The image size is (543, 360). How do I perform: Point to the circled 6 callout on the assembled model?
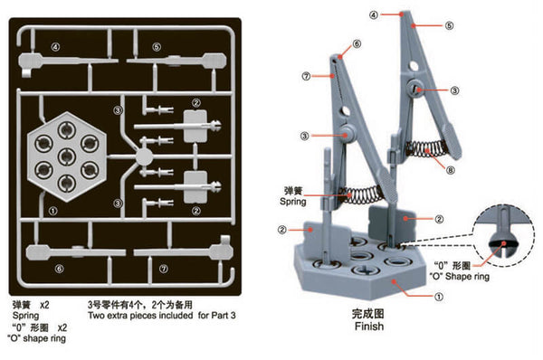[x=356, y=43]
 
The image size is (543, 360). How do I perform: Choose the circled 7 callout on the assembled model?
[x=307, y=76]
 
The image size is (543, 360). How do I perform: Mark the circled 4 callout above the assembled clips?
[x=374, y=14]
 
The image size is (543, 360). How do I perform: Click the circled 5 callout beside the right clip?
[x=447, y=27]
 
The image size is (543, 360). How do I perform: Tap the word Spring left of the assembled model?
[x=292, y=204]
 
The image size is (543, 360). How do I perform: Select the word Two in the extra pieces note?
[x=99, y=317]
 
